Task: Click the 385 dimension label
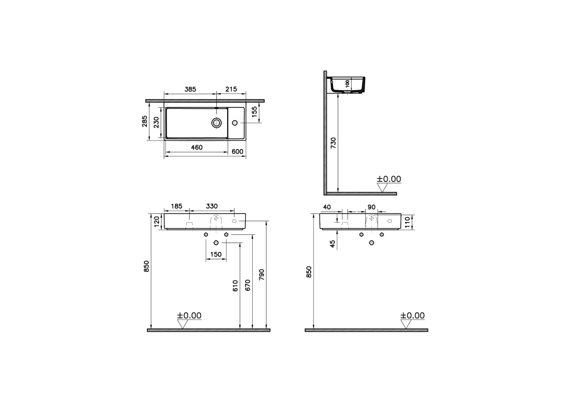(190, 89)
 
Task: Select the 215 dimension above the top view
(231, 89)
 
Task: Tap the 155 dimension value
(254, 112)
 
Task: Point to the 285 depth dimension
(144, 122)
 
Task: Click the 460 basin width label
(197, 147)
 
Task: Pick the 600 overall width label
(237, 151)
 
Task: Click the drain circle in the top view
(217, 123)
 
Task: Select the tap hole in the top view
(235, 123)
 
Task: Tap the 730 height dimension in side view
(333, 143)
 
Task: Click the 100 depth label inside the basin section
(348, 84)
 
